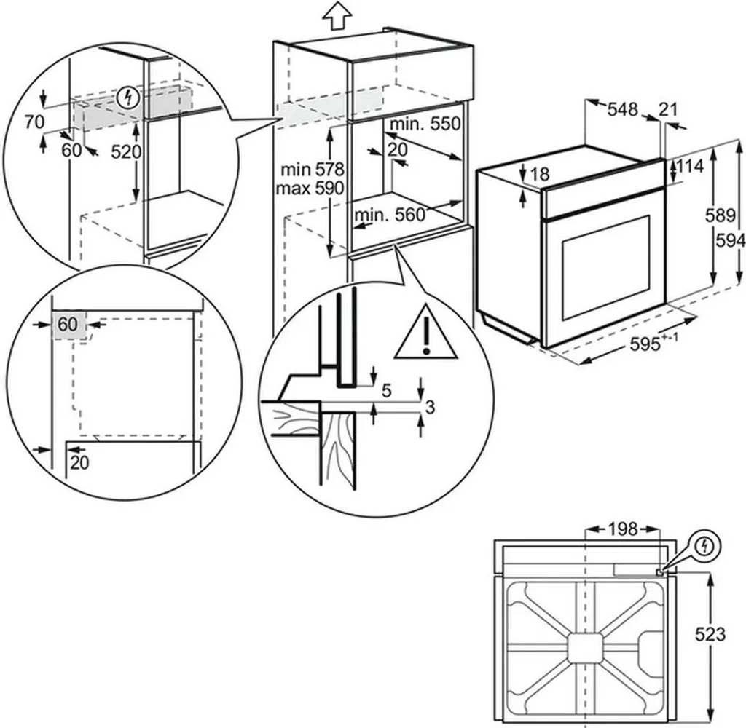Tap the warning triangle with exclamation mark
(x=425, y=336)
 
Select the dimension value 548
(x=623, y=110)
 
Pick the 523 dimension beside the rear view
(x=710, y=635)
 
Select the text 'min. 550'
(x=425, y=124)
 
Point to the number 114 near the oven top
(x=688, y=167)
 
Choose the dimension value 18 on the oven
(x=540, y=174)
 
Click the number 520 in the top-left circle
(x=126, y=152)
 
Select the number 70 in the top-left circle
(x=34, y=122)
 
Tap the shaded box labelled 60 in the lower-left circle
(x=68, y=325)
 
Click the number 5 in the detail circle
(x=386, y=391)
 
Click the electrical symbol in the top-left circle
(x=130, y=96)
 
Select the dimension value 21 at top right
(x=668, y=110)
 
